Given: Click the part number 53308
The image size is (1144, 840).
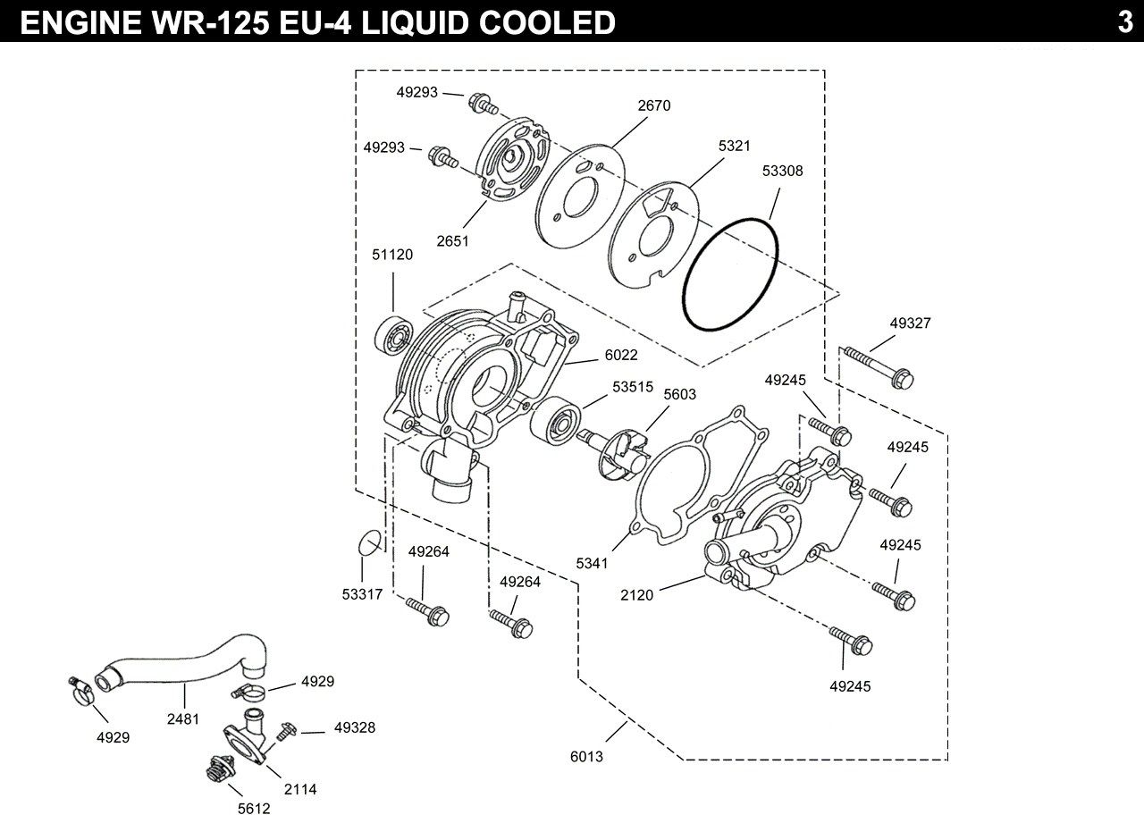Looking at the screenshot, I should point(783,170).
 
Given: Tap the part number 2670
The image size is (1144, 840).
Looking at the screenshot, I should point(654,105).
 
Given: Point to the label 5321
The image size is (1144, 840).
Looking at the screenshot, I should point(734,146).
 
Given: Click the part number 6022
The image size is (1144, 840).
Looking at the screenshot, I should point(621,355).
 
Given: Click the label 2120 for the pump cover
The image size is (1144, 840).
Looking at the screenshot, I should point(637,594).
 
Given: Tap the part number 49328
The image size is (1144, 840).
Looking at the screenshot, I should point(355,728).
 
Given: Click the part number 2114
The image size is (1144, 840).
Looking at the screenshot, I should point(300,789).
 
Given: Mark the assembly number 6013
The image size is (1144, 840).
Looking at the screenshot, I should point(587,757).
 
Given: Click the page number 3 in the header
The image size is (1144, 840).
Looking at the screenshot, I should point(1124,21).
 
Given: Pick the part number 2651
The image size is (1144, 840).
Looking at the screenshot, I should point(453,241).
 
